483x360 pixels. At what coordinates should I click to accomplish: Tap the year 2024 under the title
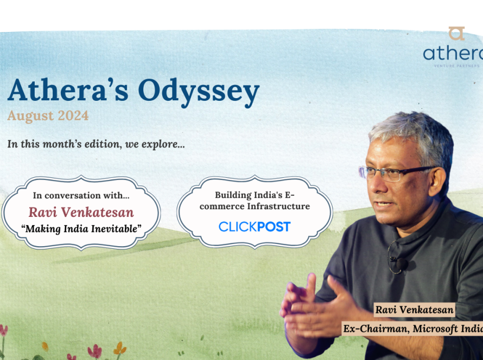pyautogui.click(x=73, y=115)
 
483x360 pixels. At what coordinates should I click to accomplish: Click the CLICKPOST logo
pyautogui.click(x=255, y=227)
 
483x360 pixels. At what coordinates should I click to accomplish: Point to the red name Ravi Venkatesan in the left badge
pyautogui.click(x=81, y=212)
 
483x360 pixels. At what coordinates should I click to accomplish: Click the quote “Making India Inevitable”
pyautogui.click(x=81, y=229)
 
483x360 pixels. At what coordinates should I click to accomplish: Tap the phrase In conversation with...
pyautogui.click(x=81, y=195)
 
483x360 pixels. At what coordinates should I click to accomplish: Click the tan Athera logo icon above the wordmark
pyautogui.click(x=456, y=34)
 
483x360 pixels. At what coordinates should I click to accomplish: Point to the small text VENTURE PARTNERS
pyautogui.click(x=457, y=66)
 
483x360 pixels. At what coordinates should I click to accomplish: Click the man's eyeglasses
pyautogui.click(x=397, y=173)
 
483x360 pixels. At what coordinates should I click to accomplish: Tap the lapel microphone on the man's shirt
pyautogui.click(x=402, y=263)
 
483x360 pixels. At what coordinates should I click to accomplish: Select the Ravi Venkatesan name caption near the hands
pyautogui.click(x=414, y=310)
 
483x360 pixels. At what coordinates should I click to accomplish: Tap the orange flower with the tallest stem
pyautogui.click(x=119, y=349)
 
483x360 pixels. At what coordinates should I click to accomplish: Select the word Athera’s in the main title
pyautogui.click(x=68, y=90)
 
